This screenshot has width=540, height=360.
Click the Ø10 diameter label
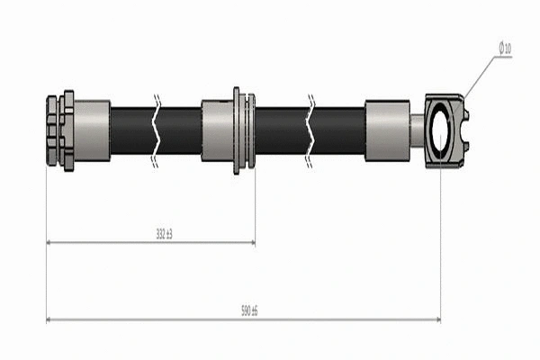click(x=505, y=49)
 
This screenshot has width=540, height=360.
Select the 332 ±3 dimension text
click(x=163, y=234)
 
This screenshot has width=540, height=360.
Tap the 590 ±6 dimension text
click(x=249, y=310)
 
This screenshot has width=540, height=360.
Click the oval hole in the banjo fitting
click(x=441, y=131)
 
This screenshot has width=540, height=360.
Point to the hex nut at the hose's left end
click(x=59, y=130)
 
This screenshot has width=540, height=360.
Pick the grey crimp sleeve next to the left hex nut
click(x=92, y=130)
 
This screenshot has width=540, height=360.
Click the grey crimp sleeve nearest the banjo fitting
click(x=387, y=130)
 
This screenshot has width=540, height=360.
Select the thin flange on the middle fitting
click(x=237, y=130)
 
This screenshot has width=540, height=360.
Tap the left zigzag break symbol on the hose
click(x=158, y=130)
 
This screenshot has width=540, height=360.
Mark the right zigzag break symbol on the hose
click(x=310, y=130)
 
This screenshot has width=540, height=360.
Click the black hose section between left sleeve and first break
click(x=132, y=130)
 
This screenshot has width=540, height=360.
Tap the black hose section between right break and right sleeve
click(x=340, y=130)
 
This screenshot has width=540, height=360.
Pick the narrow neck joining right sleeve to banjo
click(x=417, y=130)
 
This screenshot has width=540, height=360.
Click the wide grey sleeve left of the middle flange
click(x=217, y=130)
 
